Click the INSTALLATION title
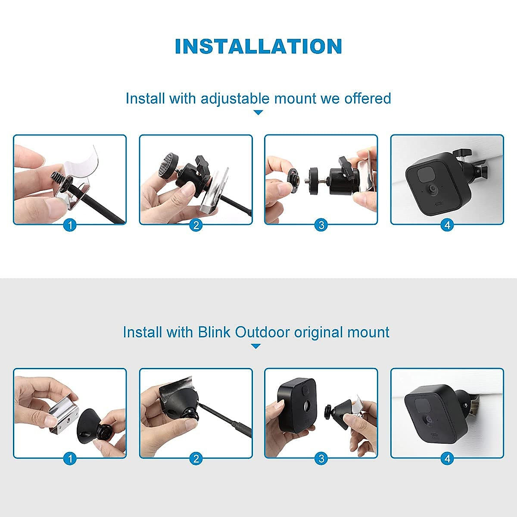258,47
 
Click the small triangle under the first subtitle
258,112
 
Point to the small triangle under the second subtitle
256,346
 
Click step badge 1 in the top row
70,225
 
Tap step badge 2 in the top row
196,225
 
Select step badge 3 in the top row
321,225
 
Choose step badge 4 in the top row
447,225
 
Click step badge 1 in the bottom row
70,459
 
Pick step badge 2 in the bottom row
196,459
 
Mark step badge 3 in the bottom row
321,459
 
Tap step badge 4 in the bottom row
447,459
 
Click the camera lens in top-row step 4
431,189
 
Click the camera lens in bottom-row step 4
428,419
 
